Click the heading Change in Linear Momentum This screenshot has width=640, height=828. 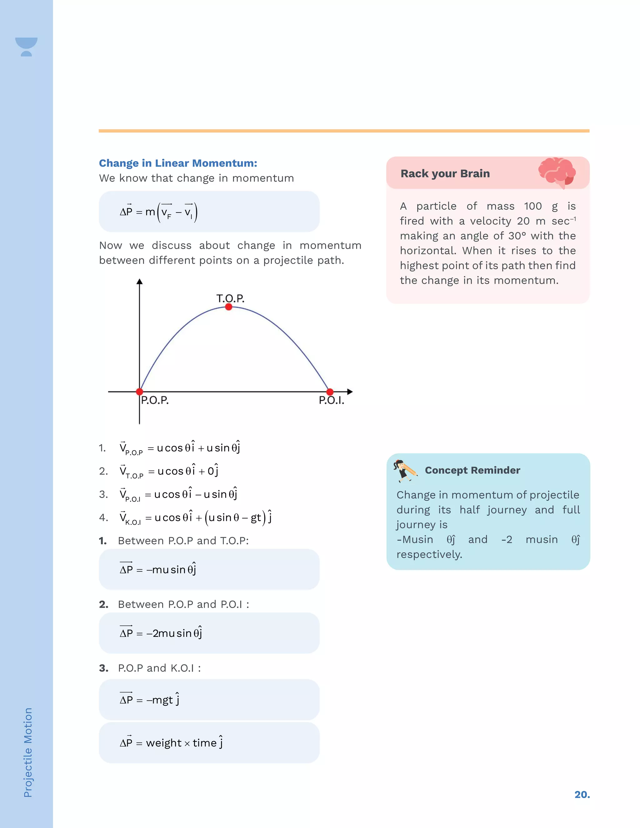tap(178, 163)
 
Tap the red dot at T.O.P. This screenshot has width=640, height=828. tap(229, 307)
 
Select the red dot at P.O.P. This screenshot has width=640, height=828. tap(139, 392)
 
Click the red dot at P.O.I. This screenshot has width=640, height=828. tap(330, 392)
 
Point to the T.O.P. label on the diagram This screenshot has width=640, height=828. tap(230, 298)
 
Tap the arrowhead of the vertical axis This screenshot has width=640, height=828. tap(139, 282)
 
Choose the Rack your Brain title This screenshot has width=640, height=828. tap(445, 174)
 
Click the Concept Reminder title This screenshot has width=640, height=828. tap(472, 470)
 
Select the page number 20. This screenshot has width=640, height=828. tap(582, 794)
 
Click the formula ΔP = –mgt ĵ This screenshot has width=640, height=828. tap(149, 700)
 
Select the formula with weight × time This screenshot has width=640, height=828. tap(171, 742)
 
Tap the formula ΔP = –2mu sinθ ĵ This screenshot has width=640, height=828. tap(161, 633)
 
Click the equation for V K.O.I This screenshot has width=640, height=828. tap(195, 518)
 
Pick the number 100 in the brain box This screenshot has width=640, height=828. tap(533, 206)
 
